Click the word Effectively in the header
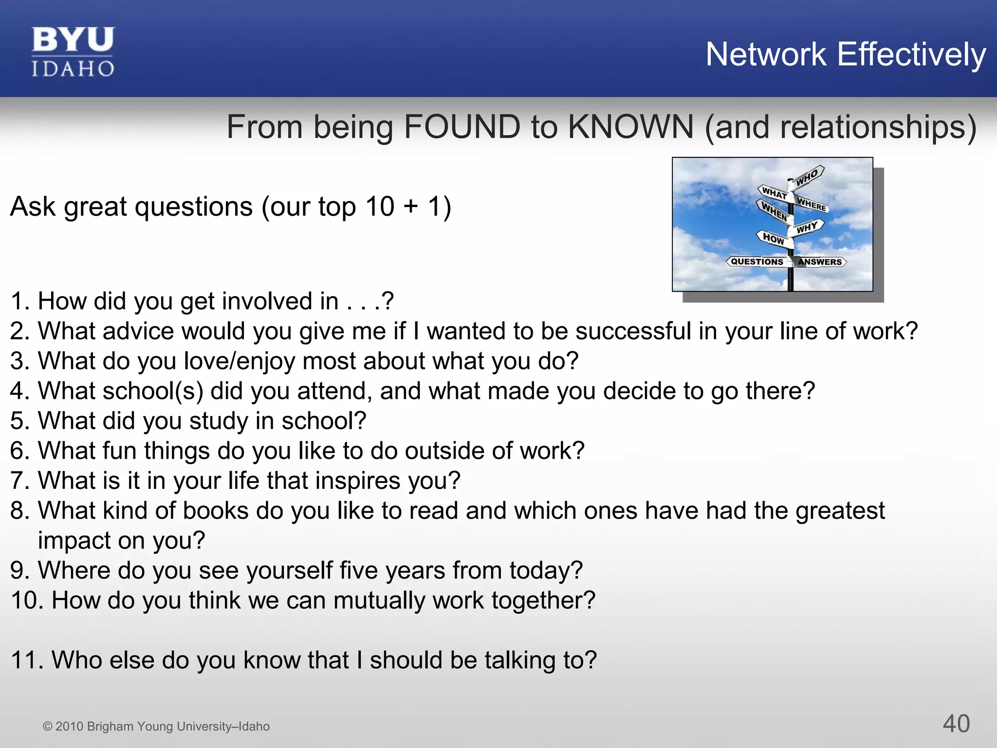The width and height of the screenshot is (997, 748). (911, 54)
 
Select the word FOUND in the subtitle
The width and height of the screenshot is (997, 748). (462, 127)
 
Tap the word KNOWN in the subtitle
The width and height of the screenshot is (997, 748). (630, 127)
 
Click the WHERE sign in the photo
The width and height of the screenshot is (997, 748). (812, 205)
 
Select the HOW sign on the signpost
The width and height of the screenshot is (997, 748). (773, 238)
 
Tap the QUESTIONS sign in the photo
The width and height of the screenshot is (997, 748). (757, 262)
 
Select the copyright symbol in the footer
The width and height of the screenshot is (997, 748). (47, 727)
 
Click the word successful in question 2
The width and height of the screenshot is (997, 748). (633, 331)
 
